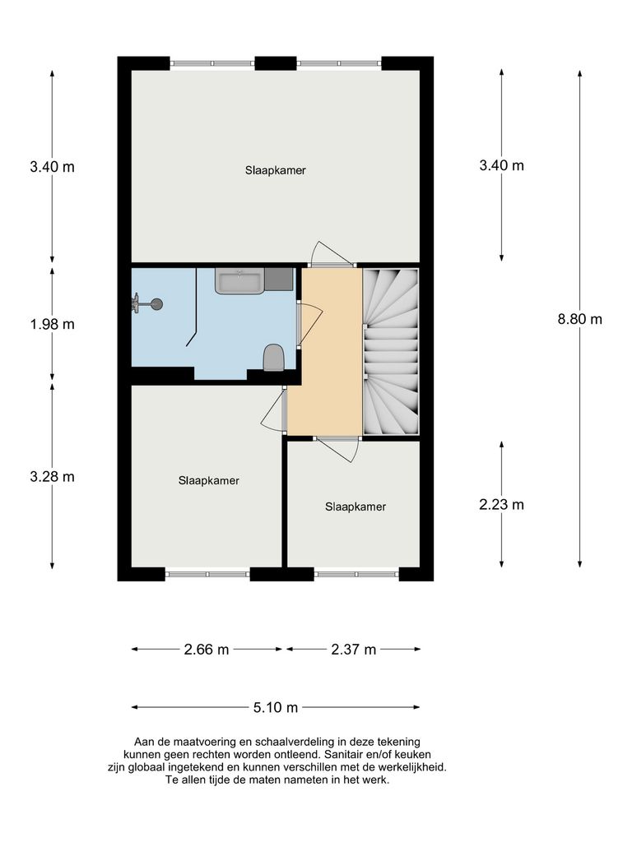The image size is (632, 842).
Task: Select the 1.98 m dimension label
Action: point(52,324)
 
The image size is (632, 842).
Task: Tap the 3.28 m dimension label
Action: point(52,477)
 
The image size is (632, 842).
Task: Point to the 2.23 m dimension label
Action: point(501,505)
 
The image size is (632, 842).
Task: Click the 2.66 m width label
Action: point(206,650)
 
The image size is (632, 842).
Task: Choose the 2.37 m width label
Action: point(353,650)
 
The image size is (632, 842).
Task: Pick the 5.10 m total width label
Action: point(275,707)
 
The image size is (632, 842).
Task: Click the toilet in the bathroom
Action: point(273,358)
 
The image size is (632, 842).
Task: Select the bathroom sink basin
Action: point(239,281)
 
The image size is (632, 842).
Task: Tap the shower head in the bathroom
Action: point(153,304)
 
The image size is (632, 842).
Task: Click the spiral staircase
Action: point(391,351)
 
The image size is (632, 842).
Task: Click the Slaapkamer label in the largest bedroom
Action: point(275,171)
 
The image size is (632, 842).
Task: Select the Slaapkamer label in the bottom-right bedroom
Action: point(355,507)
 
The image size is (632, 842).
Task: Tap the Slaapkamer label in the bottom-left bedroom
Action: point(208,481)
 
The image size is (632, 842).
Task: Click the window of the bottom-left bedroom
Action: point(207,574)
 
